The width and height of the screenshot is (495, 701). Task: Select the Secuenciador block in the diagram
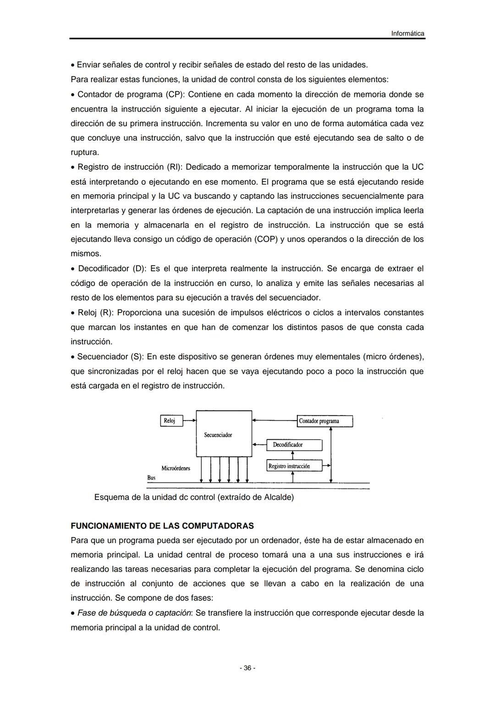(x=224, y=433)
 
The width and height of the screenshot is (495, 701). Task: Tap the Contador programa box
(x=325, y=421)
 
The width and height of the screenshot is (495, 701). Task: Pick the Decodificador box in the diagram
(x=294, y=445)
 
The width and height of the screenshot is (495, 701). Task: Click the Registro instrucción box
(x=294, y=466)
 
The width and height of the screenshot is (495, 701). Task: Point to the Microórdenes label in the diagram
(x=176, y=468)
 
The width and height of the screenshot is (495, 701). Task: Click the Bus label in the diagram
(x=151, y=478)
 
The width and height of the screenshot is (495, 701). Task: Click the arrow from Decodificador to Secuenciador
(x=259, y=445)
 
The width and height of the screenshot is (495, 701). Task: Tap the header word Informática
(x=407, y=34)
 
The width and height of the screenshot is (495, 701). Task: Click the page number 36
(x=247, y=668)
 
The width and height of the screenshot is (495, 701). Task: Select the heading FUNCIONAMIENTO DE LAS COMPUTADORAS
(x=162, y=526)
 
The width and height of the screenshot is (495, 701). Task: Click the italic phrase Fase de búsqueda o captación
(x=134, y=613)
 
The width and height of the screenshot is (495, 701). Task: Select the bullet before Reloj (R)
(x=73, y=313)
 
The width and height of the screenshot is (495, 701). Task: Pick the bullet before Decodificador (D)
(x=73, y=269)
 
